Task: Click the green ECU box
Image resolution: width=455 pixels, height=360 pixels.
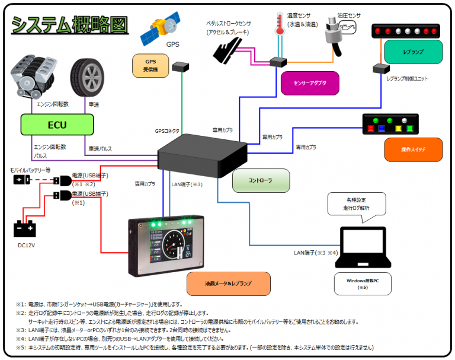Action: (57, 125)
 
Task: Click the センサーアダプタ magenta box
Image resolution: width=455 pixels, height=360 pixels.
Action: (310, 83)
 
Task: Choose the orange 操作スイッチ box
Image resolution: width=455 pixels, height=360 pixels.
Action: (414, 149)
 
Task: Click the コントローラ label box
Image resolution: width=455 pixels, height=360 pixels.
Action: (261, 180)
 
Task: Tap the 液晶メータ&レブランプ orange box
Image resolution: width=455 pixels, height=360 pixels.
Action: (228, 283)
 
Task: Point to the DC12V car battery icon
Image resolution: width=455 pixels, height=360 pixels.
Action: (24, 228)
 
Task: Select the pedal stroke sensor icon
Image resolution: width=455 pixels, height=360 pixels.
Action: (227, 49)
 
